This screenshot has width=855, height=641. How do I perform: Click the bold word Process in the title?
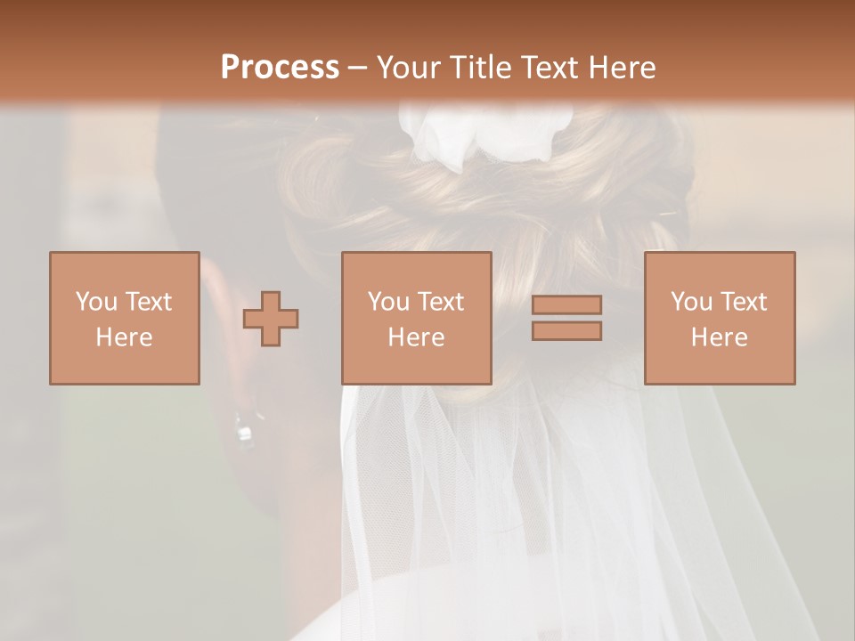point(280,68)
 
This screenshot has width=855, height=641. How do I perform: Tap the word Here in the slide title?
point(618,68)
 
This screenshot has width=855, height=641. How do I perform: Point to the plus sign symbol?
point(271,319)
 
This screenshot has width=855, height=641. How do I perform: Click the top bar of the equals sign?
point(566,304)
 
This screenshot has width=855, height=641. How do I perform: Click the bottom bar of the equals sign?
point(566,330)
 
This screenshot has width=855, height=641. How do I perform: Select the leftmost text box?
point(124,318)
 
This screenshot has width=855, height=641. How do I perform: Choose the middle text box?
point(416,318)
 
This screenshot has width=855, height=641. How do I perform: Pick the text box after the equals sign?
point(719,318)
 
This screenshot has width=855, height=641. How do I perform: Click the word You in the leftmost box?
point(96,302)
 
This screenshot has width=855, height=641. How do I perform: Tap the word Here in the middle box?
point(416,337)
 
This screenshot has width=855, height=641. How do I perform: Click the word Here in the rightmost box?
point(719,337)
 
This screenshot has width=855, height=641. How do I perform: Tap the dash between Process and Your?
point(358,68)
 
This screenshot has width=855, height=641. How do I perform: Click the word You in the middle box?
point(388,302)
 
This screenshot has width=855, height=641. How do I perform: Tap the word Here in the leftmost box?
point(124,337)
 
